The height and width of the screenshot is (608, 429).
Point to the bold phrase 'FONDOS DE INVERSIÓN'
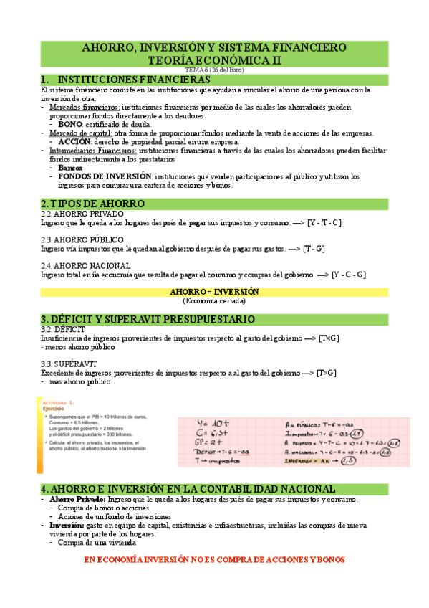105,176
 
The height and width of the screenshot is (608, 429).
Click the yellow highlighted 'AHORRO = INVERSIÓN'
214,292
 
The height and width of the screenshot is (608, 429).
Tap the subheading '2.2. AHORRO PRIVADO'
82,214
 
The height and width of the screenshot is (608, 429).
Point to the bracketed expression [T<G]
329,338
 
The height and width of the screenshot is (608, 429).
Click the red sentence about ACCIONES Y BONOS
214,559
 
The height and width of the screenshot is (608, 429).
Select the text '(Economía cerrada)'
214,301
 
